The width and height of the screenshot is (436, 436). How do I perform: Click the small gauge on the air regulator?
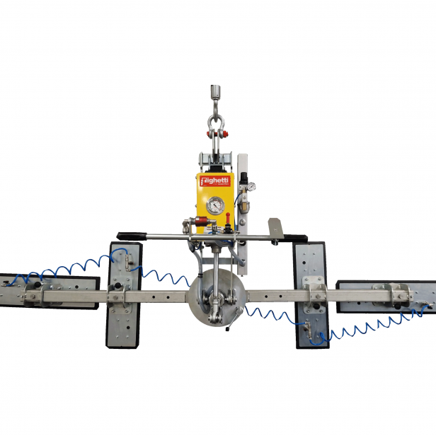[252, 187]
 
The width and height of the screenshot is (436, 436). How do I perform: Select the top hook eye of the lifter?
[215, 93]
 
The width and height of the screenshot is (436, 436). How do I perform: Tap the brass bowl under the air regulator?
[243, 205]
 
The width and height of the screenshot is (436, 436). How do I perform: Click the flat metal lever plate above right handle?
[274, 227]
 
